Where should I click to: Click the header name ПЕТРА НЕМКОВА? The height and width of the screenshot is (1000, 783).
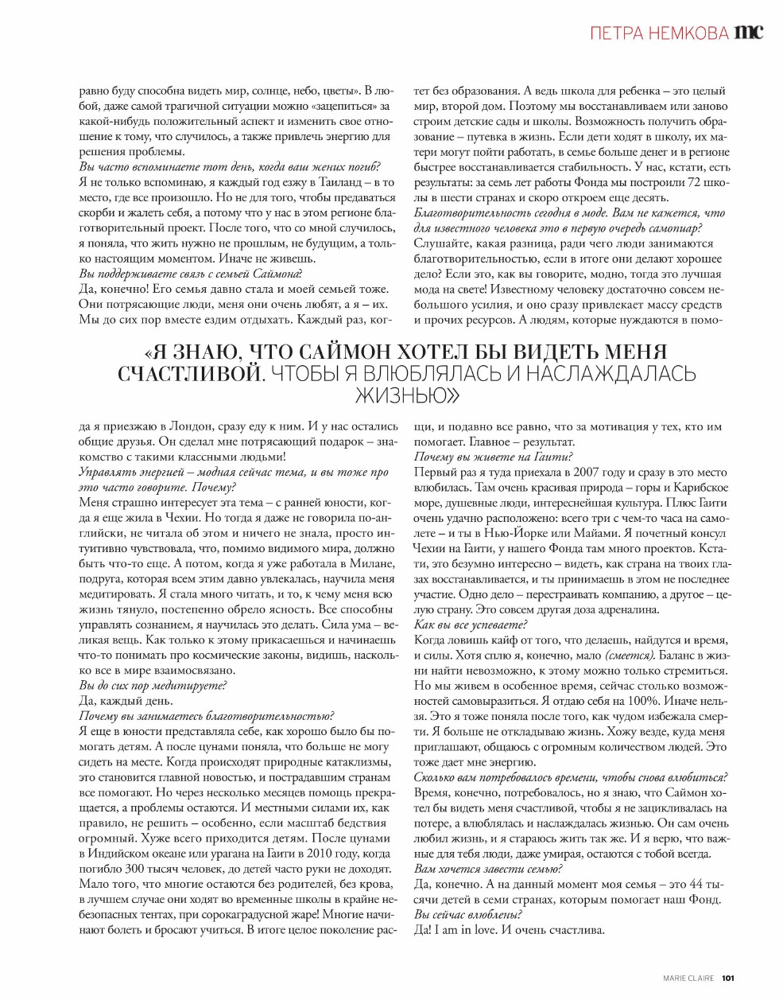pyautogui.click(x=660, y=33)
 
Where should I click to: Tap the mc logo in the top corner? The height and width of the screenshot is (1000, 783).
pyautogui.click(x=749, y=32)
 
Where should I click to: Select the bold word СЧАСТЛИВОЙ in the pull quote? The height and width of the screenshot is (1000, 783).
pyautogui.click(x=189, y=373)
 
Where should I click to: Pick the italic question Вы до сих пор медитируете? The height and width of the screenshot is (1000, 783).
pyautogui.click(x=153, y=685)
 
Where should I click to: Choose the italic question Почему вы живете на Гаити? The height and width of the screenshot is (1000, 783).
pyautogui.click(x=493, y=457)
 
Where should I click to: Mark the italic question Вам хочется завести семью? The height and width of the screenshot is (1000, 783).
pyautogui.click(x=488, y=869)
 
